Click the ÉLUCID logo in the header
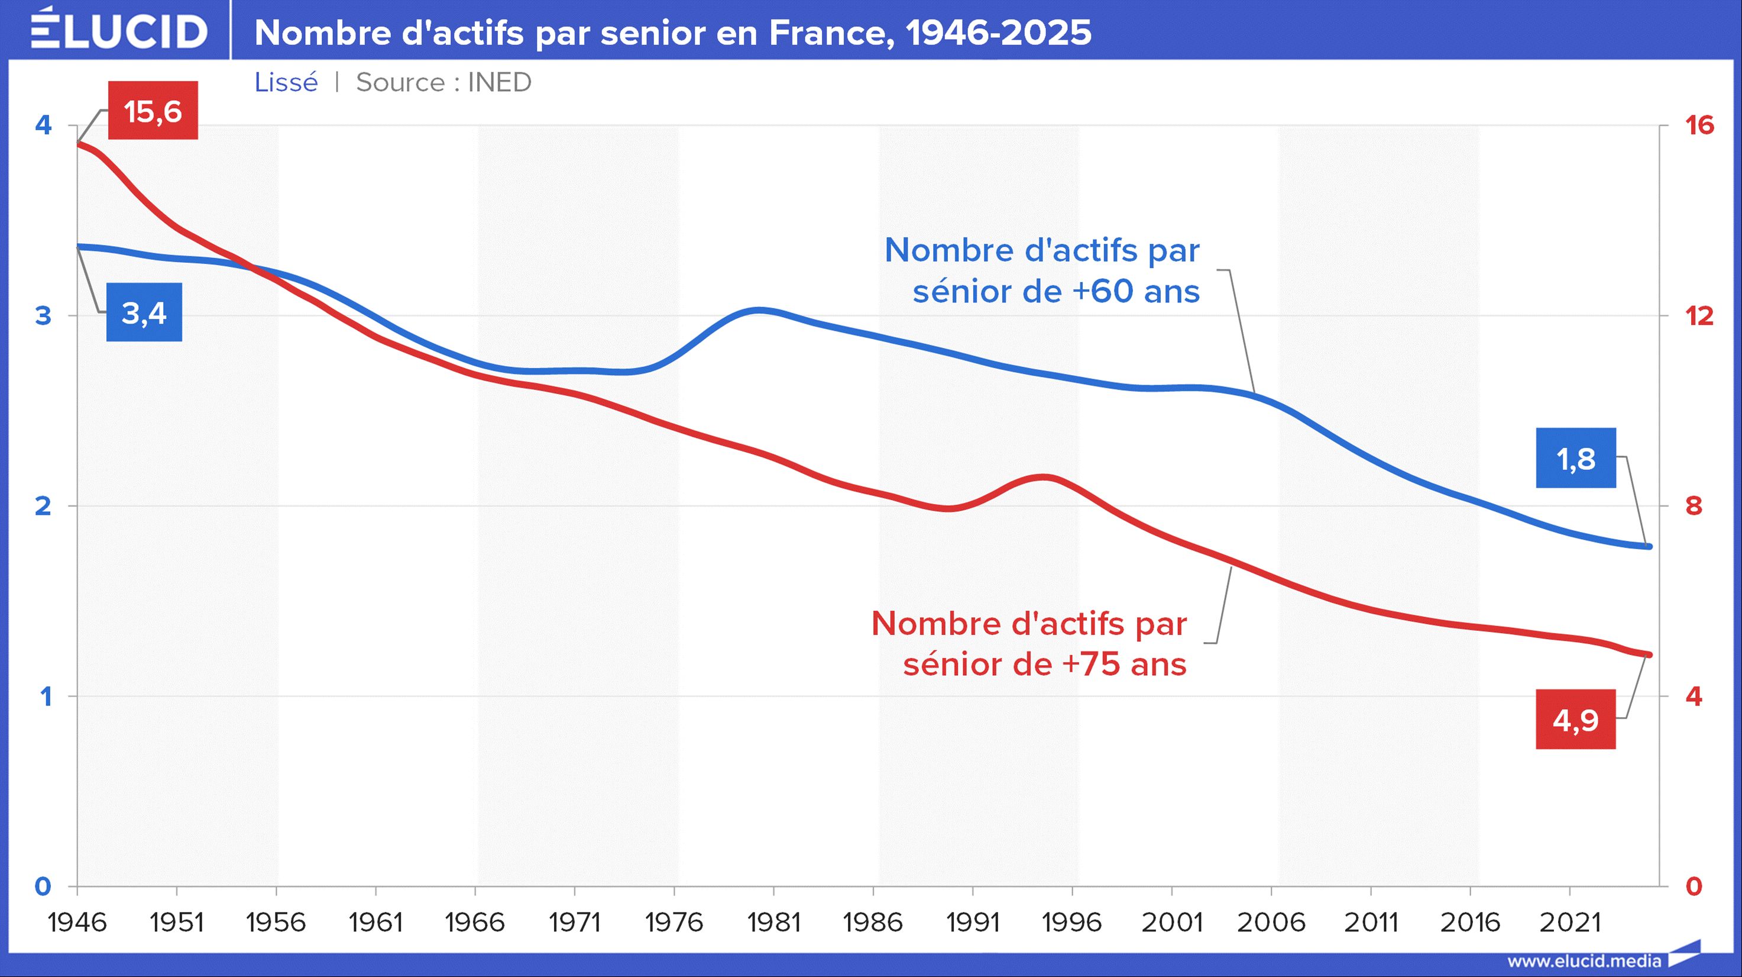click(x=119, y=30)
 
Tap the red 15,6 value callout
click(x=154, y=111)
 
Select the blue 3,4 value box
click(x=144, y=312)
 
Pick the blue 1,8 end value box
click(x=1576, y=459)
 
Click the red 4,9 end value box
click(x=1576, y=720)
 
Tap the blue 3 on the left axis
click(x=43, y=315)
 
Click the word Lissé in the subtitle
click(x=286, y=82)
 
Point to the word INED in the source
click(x=499, y=82)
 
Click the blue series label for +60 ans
click(x=1042, y=270)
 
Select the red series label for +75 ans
click(x=1029, y=644)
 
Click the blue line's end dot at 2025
click(x=1649, y=546)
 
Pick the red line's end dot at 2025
click(x=1649, y=654)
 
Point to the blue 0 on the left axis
click(x=43, y=886)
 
